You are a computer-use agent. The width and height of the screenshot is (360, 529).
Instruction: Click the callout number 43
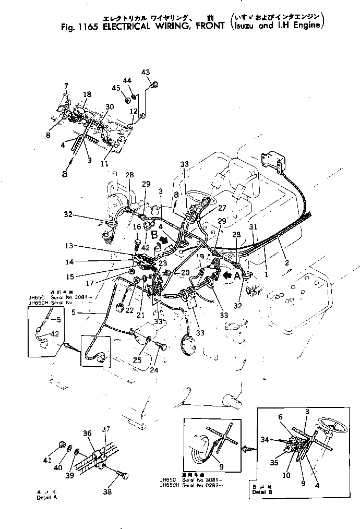click(146, 72)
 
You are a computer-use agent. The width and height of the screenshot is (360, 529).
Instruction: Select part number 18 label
click(87, 94)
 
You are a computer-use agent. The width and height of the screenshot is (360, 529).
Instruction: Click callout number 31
click(253, 227)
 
